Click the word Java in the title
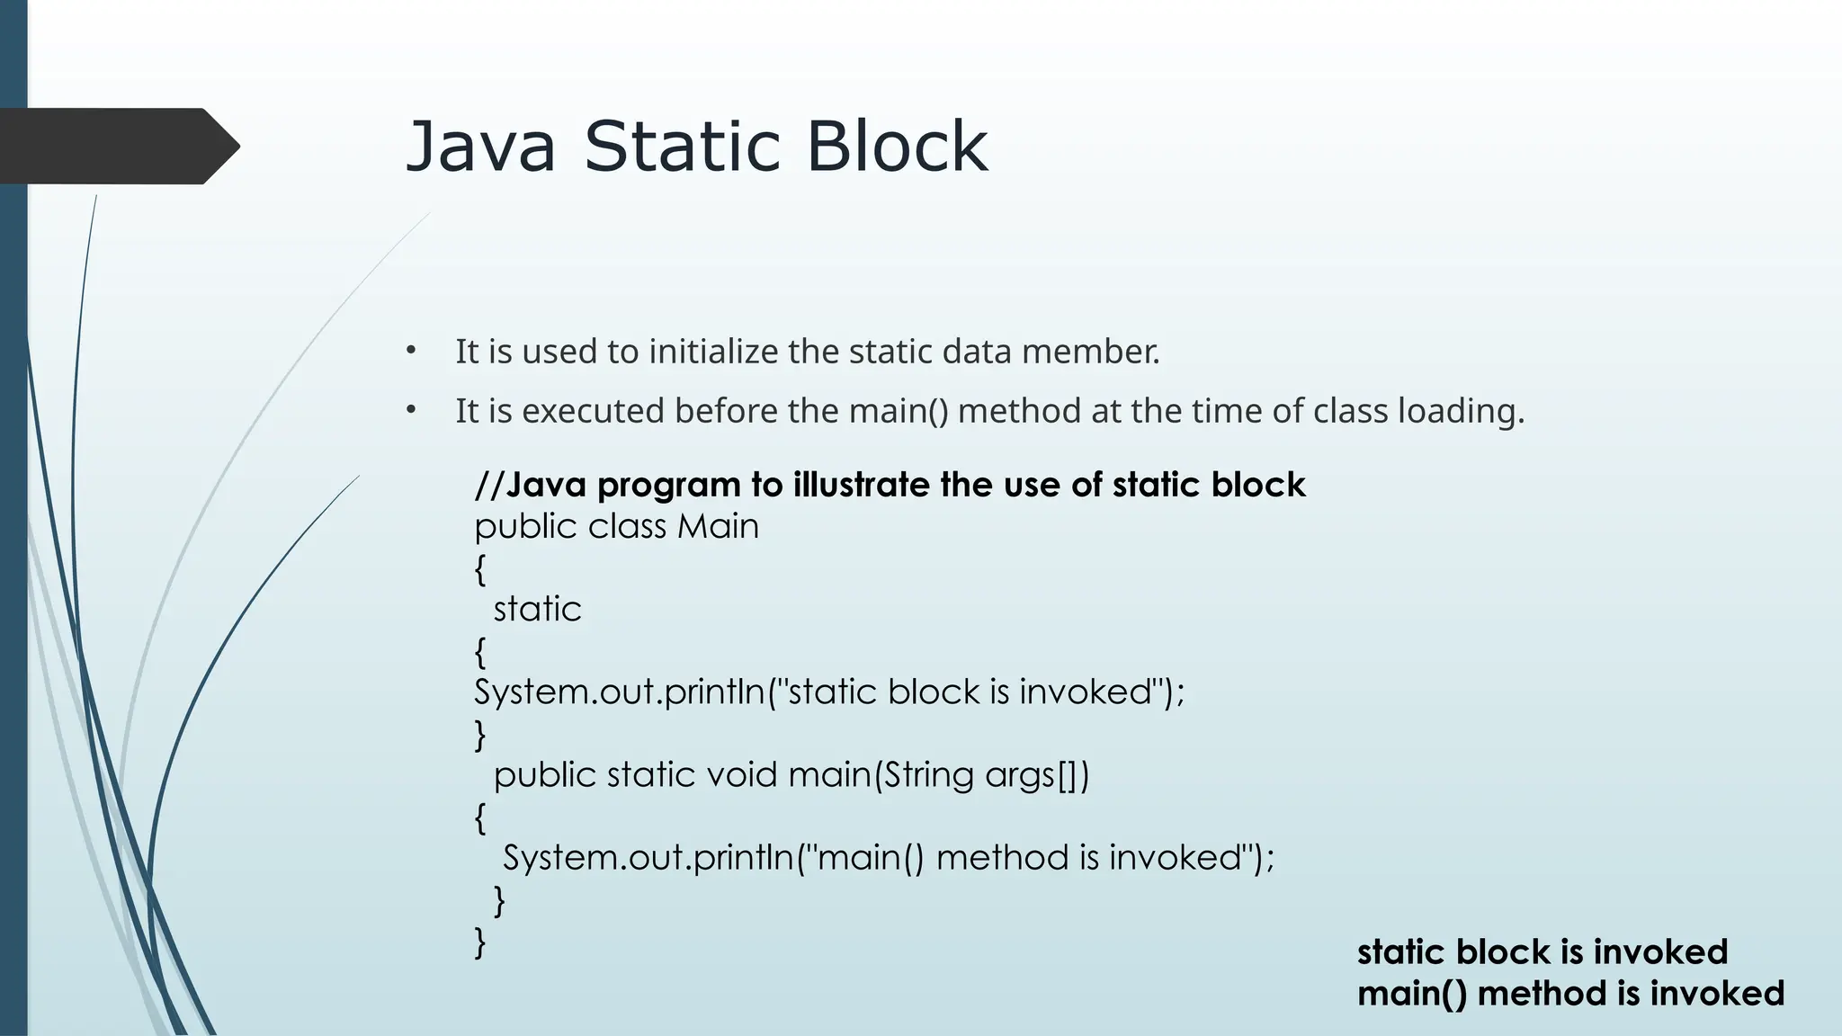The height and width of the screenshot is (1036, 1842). point(480,147)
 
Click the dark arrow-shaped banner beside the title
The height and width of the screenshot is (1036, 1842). point(117,147)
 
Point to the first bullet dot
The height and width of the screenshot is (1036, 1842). point(410,351)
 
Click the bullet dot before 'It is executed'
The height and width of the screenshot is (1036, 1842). point(410,411)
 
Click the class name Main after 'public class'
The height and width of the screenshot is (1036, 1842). point(718,526)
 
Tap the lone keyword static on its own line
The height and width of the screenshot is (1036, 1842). point(537,610)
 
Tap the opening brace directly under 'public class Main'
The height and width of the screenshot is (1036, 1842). point(480,569)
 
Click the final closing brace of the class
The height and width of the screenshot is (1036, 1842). point(480,942)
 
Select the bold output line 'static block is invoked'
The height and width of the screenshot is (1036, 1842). point(1542,951)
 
